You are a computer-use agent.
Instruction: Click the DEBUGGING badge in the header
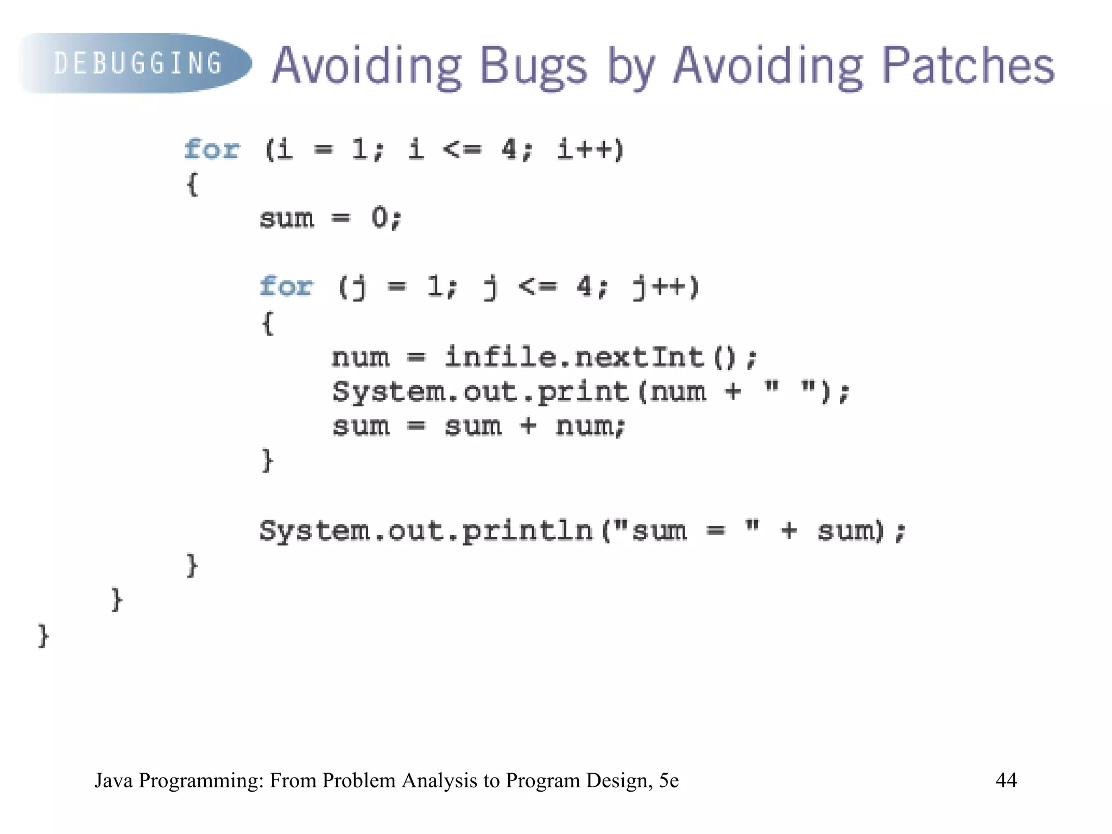point(136,63)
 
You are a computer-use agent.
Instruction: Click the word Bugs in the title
point(533,66)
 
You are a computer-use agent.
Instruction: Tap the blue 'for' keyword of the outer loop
point(211,149)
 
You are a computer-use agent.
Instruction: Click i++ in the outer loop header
point(591,149)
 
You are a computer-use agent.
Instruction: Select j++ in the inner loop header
point(666,287)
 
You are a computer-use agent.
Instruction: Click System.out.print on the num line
point(480,391)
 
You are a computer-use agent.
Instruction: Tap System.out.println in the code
point(426,530)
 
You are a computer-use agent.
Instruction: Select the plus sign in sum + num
point(528,426)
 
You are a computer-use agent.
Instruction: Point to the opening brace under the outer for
point(192,184)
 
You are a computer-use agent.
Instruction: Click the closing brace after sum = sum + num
point(267,460)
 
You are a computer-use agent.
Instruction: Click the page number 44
point(1006,780)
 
